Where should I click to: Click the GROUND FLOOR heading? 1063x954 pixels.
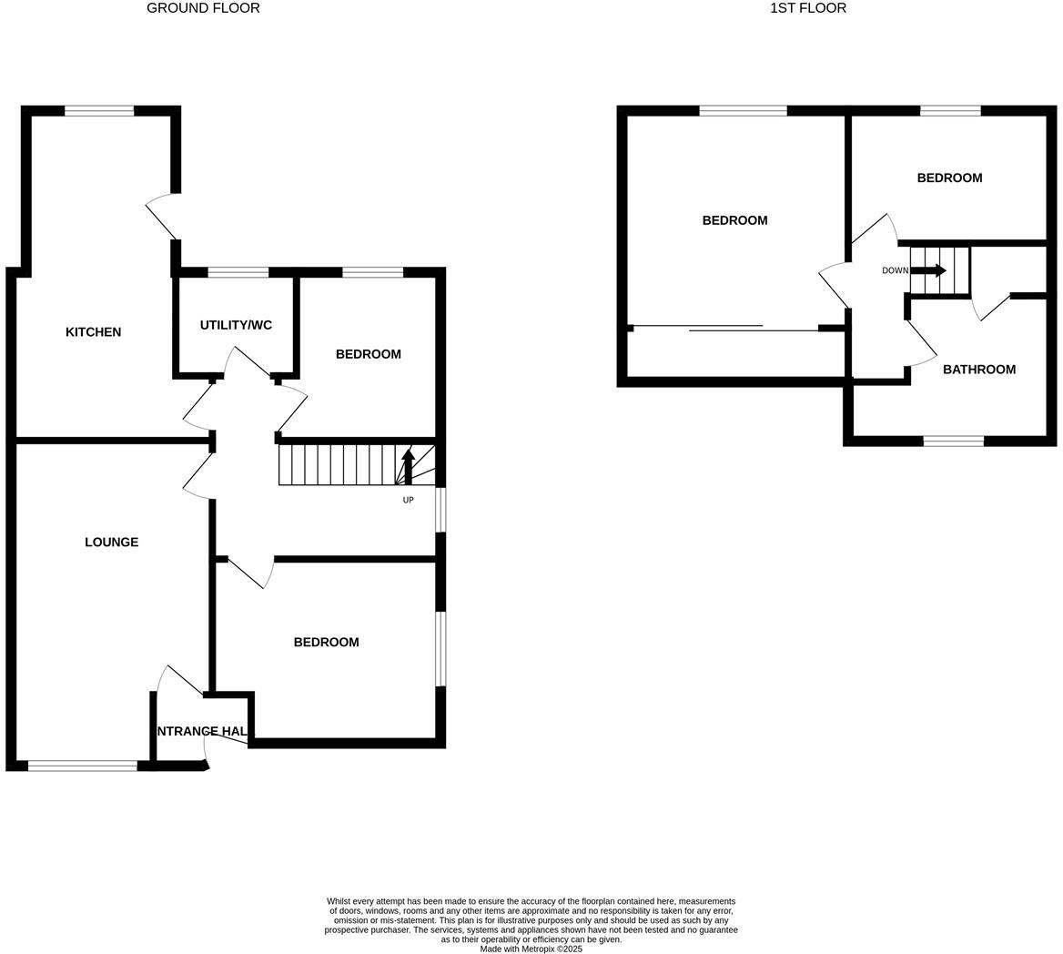pos(203,8)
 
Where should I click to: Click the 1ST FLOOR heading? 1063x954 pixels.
pos(807,8)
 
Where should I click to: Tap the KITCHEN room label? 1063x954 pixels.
pos(93,332)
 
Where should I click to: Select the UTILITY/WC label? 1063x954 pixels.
pos(236,325)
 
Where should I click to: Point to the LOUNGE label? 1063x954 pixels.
pos(111,543)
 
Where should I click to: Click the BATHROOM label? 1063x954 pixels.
pos(978,370)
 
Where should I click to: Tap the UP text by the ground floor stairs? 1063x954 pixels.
pos(408,500)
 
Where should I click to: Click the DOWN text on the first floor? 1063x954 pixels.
pos(895,270)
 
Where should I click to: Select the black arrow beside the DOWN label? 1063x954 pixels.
pos(928,270)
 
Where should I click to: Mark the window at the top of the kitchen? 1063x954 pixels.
pos(99,111)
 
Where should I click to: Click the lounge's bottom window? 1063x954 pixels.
pos(83,766)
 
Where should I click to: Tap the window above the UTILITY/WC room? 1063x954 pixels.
pos(238,272)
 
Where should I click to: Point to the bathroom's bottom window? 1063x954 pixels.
pos(953,441)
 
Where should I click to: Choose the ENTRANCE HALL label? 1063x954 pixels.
pos(202,731)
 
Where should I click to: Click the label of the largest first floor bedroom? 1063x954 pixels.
pos(734,220)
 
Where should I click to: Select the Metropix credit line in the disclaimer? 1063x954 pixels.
pos(531,949)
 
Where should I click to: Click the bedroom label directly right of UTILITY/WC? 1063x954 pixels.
pos(368,354)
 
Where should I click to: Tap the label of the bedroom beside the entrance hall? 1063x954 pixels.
pos(326,643)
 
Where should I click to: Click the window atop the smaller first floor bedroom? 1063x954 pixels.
pos(950,111)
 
